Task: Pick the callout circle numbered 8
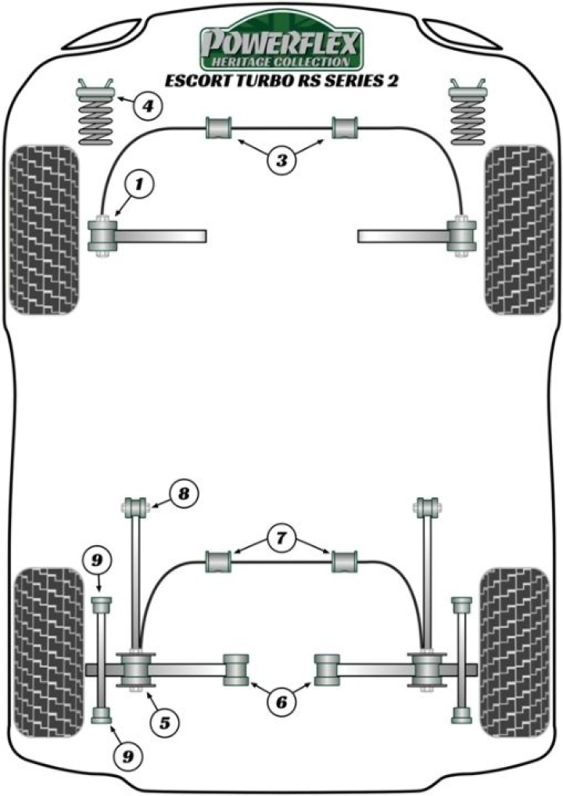coord(183,493)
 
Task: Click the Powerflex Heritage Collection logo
coord(281,45)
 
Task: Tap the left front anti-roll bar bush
coord(219,128)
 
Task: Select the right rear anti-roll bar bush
coord(345,561)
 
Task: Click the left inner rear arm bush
coord(235,669)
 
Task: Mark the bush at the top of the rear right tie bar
coord(426,507)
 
